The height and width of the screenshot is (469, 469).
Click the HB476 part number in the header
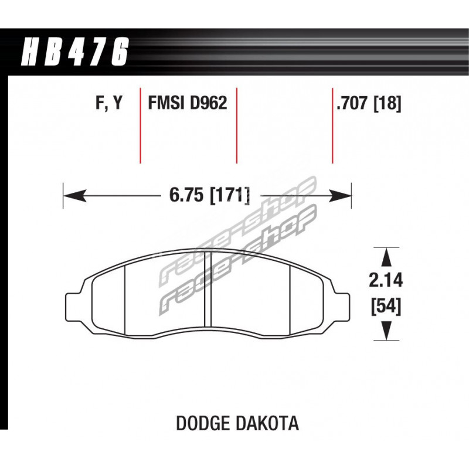coord(74,51)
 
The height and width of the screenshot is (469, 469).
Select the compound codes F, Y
coord(109,104)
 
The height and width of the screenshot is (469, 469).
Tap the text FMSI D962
coord(188,103)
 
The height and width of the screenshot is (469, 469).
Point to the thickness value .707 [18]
coord(369,104)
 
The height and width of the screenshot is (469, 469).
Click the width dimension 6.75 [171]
coord(209,195)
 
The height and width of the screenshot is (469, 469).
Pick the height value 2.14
coord(386,281)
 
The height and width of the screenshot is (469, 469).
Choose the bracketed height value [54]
coord(386,307)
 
